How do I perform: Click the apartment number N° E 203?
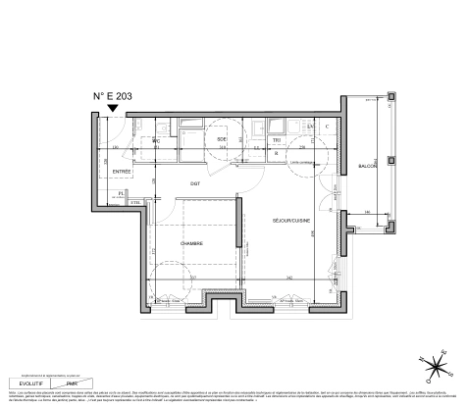(x=113, y=96)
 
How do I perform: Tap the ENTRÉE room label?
(x=123, y=172)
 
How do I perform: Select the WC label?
(x=155, y=141)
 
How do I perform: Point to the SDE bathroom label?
(x=222, y=141)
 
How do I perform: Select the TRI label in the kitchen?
(x=277, y=141)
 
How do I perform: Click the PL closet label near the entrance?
(x=121, y=194)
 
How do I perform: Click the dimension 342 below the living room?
(x=291, y=280)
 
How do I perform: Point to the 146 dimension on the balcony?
(x=368, y=213)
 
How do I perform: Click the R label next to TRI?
(x=277, y=153)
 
